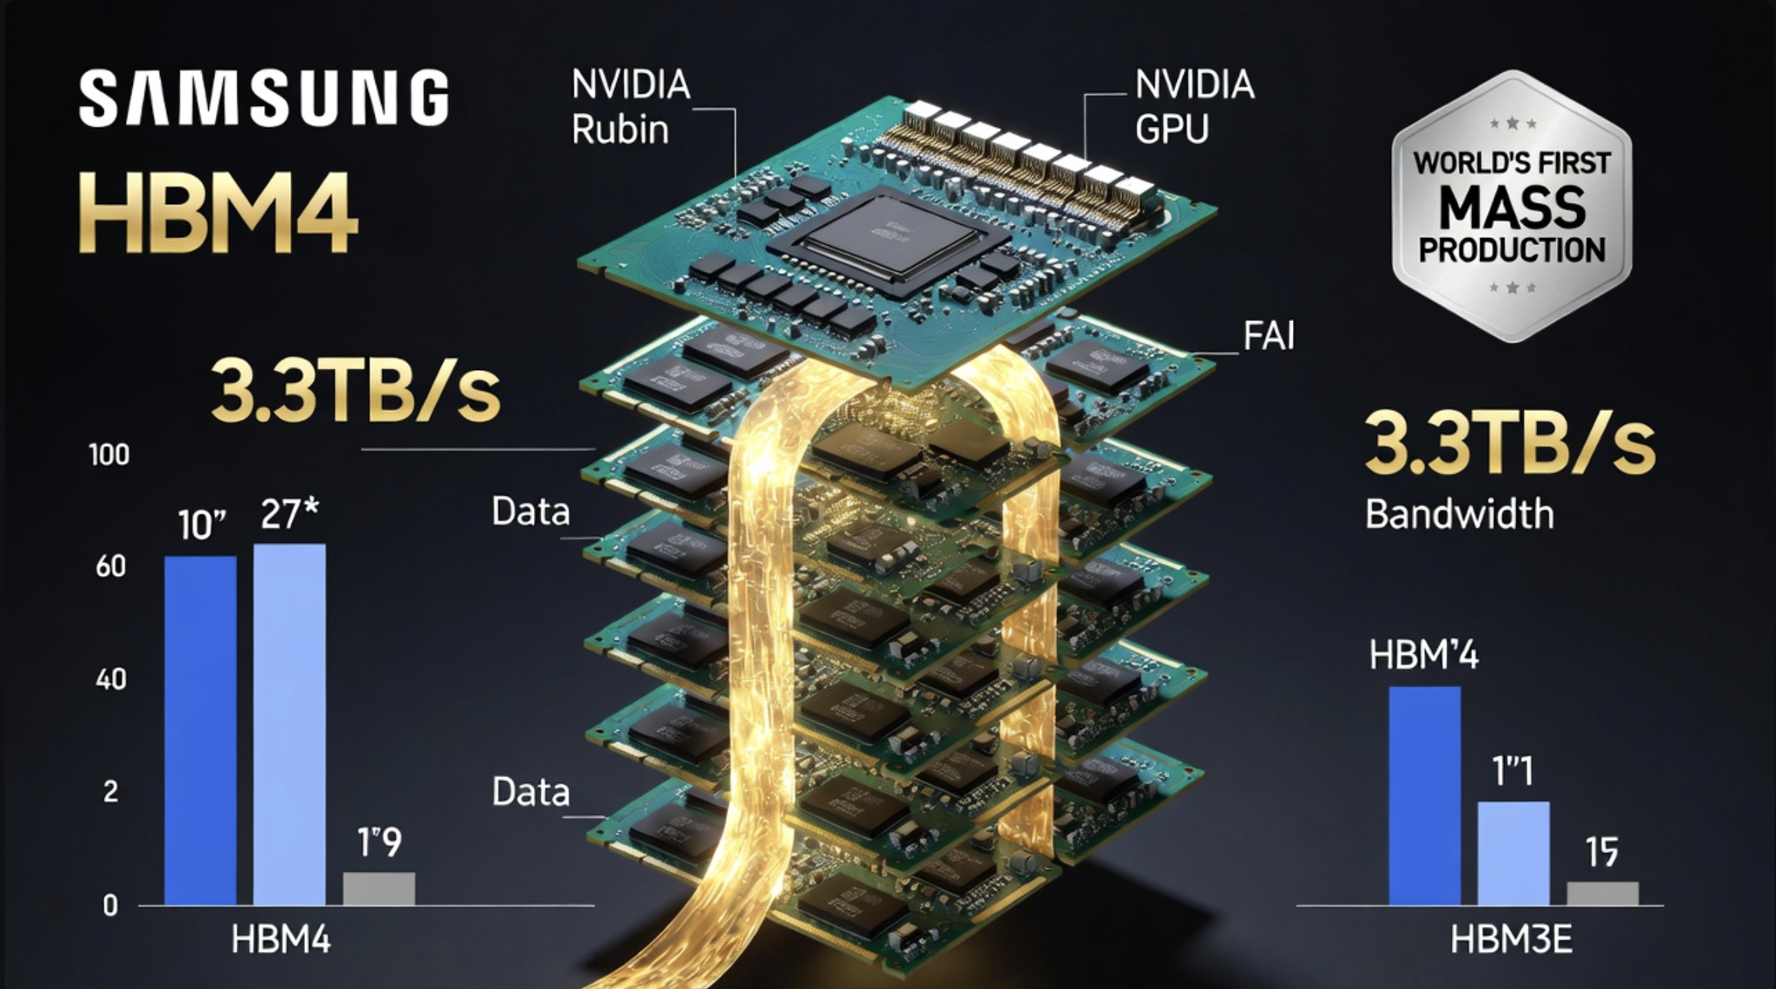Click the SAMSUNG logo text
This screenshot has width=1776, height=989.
[x=263, y=98]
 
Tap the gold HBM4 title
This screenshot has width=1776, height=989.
[x=218, y=213]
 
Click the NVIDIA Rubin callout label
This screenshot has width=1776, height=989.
[x=630, y=107]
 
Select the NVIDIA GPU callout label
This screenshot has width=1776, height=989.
[x=1194, y=107]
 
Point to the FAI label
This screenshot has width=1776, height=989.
[x=1268, y=336]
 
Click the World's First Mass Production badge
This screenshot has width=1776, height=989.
[x=1512, y=206]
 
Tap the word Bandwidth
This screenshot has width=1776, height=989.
[x=1459, y=514]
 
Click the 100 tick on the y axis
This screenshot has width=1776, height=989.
[x=109, y=455]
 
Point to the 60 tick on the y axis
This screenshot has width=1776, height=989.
[x=111, y=567]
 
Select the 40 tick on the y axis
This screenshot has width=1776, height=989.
[x=111, y=679]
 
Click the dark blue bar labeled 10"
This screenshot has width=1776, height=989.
[x=200, y=729]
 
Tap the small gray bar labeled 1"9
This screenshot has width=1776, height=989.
[x=379, y=888]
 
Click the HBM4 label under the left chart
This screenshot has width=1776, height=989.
[x=280, y=940]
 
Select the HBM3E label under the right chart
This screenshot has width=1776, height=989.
[x=1511, y=940]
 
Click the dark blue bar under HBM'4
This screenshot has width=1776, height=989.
[x=1424, y=795]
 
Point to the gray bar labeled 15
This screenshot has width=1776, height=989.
[x=1602, y=893]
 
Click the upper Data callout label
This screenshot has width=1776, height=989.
[x=530, y=511]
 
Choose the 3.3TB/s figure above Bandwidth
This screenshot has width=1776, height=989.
[x=1509, y=445]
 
